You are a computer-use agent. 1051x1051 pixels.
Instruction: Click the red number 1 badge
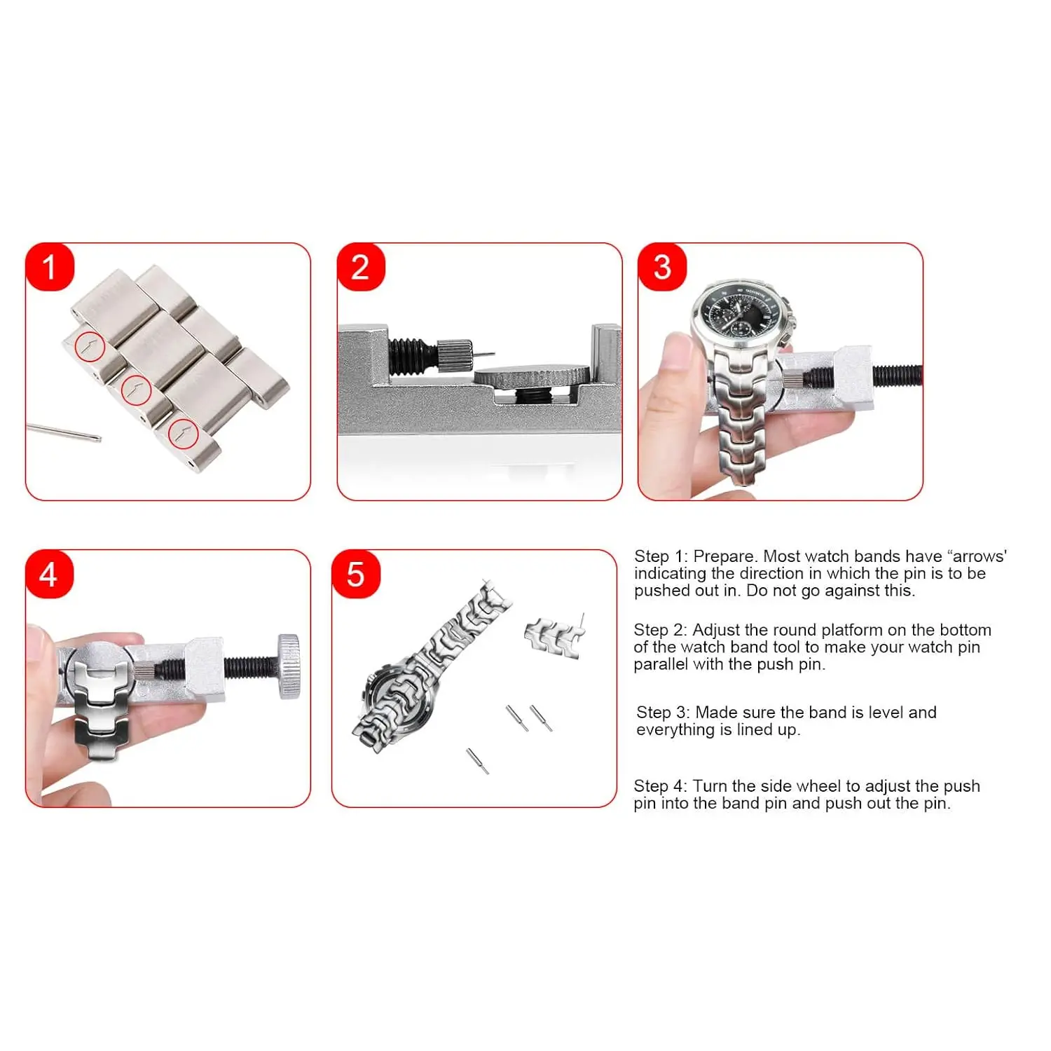pos(49,267)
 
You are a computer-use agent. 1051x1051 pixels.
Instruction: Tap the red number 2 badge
pos(361,267)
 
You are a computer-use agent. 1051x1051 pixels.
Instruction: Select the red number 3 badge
pos(662,267)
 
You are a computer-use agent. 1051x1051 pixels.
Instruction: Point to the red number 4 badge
pos(49,575)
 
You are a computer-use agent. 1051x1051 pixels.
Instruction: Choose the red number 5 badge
pos(356,575)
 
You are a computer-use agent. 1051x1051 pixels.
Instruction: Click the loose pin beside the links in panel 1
pos(64,432)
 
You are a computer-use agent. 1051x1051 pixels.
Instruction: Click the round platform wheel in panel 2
pos(532,376)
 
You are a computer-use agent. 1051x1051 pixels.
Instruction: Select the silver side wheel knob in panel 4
pos(289,666)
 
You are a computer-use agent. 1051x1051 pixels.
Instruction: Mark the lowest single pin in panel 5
pos(478,761)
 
